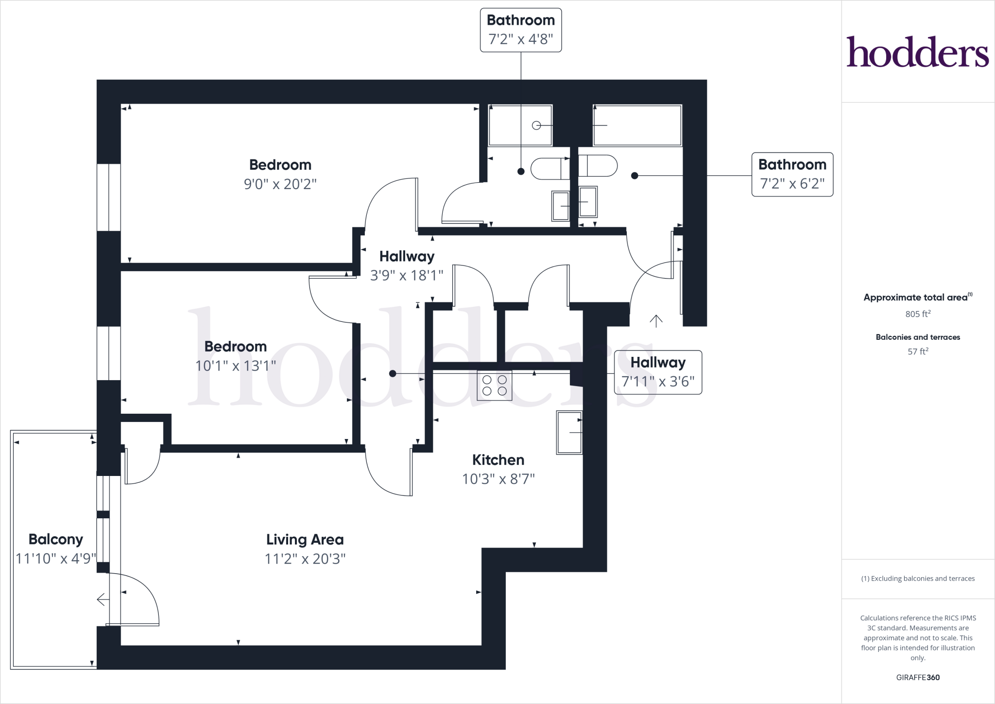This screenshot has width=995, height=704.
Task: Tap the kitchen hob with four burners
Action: [494, 386]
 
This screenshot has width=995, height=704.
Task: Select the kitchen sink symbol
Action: [569, 432]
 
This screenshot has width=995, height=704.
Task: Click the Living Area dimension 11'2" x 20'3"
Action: [305, 559]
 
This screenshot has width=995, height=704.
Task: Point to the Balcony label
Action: [55, 539]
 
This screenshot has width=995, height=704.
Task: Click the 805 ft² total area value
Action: [917, 314]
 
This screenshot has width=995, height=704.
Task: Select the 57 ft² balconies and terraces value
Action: [917, 352]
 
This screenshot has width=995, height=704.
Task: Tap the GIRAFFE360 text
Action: [917, 677]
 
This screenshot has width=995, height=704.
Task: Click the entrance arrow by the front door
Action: [656, 321]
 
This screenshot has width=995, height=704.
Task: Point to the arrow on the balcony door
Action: [102, 599]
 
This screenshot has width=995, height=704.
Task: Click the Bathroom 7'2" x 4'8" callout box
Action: [520, 30]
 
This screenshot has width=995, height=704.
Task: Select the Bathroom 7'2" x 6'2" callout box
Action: [792, 174]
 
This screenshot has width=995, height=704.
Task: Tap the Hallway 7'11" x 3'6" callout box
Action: [658, 372]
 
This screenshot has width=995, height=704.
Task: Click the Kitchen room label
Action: [498, 459]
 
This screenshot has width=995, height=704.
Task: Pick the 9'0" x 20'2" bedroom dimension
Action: [280, 184]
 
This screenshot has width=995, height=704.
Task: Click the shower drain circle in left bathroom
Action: [536, 125]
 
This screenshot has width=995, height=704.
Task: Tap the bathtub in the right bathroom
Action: [637, 125]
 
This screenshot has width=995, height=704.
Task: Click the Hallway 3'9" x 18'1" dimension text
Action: [406, 276]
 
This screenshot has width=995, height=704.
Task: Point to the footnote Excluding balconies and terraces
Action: [917, 579]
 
